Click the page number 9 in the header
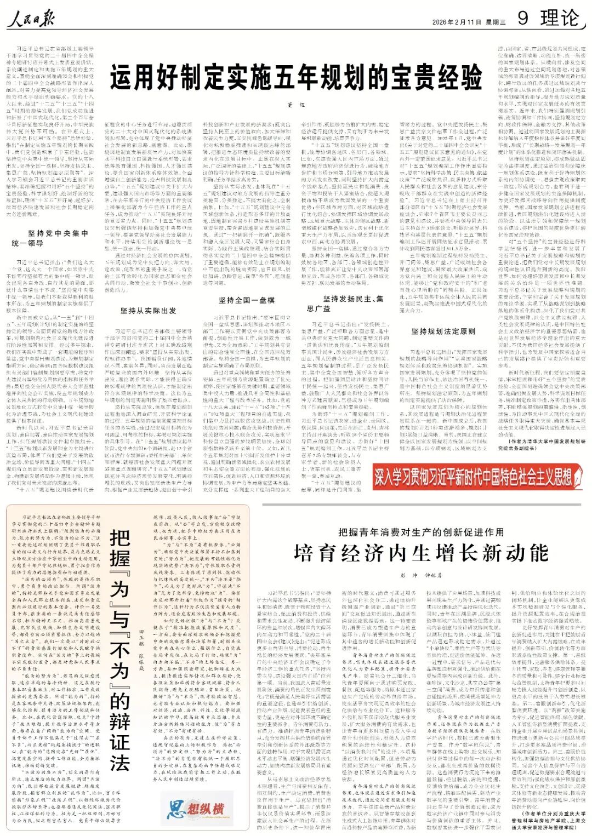coord(523,18)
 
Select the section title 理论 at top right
coord(559,18)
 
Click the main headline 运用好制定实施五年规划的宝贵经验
coord(296,77)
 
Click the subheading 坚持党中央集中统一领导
coord(50,238)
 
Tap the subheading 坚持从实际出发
coord(148,311)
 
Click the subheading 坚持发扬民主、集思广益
coord(353,303)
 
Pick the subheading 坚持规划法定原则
coord(443,331)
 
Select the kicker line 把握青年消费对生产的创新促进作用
coord(421,532)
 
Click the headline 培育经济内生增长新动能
coord(421,553)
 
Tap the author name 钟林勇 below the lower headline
coord(433,576)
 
